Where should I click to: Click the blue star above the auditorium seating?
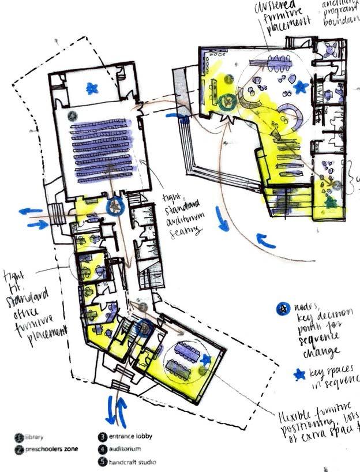pyautogui.click(x=91, y=88)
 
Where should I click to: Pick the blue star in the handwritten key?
pyautogui.click(x=299, y=375)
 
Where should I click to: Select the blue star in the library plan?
pyautogui.click(x=300, y=87)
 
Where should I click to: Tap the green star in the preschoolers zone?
pyautogui.click(x=331, y=203)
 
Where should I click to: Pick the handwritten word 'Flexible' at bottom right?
pyautogui.click(x=297, y=417)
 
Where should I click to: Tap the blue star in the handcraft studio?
pyautogui.click(x=206, y=359)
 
